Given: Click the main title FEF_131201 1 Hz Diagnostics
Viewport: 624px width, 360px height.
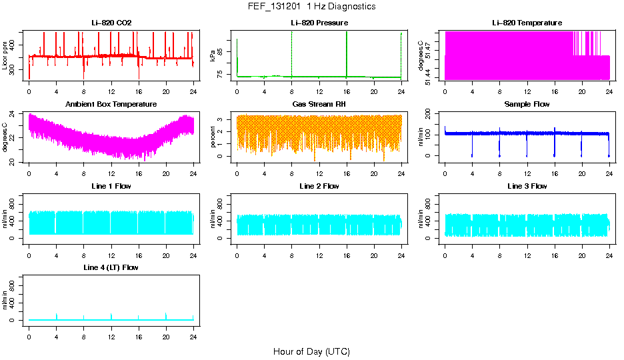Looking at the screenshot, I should [311, 7].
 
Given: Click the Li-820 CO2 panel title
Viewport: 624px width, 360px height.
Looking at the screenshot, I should [111, 23].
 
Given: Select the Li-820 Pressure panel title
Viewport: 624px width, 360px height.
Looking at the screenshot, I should [319, 23].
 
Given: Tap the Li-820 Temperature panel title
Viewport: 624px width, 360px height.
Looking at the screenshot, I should [527, 23].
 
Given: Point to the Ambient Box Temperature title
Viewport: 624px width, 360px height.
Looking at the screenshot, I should [111, 105].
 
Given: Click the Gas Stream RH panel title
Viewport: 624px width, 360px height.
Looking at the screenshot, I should [319, 105].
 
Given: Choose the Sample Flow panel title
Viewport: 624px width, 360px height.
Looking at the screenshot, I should [527, 105].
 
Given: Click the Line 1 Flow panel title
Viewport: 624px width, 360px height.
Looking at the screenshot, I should [111, 186].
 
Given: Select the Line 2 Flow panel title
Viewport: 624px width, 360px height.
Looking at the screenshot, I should [319, 186].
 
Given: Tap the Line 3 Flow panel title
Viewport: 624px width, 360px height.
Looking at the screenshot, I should [527, 186].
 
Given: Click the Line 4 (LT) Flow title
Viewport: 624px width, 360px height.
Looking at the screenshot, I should [111, 267].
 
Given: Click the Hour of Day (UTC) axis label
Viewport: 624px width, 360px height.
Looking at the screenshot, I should [311, 351].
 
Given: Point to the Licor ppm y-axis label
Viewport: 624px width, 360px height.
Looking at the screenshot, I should [5, 55].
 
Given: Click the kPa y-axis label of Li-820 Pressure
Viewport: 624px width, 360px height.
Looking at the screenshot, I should [213, 55].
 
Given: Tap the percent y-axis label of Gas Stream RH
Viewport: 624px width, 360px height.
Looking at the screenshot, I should [213, 137].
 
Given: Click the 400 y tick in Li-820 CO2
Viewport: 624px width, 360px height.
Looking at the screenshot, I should [16, 45].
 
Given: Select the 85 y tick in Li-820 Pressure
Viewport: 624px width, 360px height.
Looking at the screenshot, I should [224, 50].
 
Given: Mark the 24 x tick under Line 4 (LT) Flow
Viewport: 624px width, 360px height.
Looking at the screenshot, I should [193, 330].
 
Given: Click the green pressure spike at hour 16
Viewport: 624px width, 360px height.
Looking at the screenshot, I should [347, 53].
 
